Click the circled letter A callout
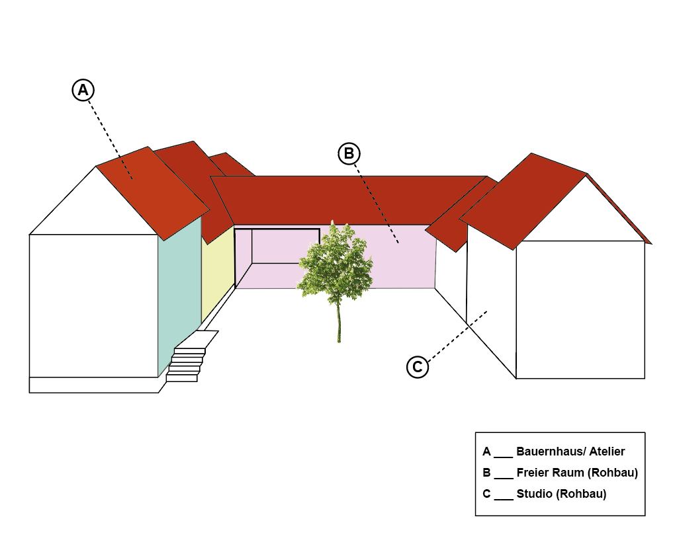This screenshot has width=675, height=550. click(x=83, y=90)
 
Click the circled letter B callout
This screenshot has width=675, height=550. click(x=349, y=153)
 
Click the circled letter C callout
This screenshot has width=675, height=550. click(x=418, y=366)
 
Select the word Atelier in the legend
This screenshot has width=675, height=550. click(x=602, y=452)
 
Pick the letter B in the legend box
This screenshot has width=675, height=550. click(x=486, y=473)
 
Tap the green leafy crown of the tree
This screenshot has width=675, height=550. click(x=334, y=261)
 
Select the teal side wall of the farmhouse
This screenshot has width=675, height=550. click(x=179, y=291)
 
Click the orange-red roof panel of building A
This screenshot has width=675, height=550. click(x=152, y=192)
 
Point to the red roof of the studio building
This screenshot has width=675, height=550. click(x=523, y=198)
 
